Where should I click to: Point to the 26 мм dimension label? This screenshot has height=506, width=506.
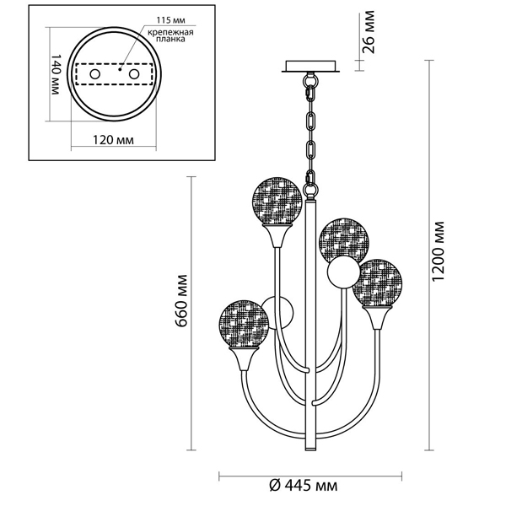[x=369, y=33]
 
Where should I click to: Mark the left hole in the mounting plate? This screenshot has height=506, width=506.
[x=95, y=75]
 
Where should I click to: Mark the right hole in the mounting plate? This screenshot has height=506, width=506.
[x=132, y=75]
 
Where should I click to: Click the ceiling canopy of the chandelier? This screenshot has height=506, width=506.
[x=311, y=65]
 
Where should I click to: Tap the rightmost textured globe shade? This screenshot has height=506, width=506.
[x=379, y=283]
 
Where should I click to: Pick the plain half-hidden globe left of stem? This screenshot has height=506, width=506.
[x=280, y=312]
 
